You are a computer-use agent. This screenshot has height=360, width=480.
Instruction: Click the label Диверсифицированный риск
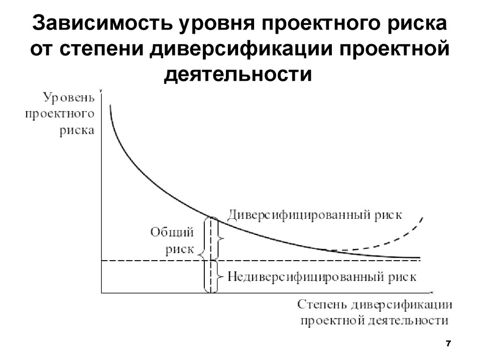pos(315,215)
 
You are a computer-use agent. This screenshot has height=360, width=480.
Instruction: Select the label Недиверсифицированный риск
pos(322,276)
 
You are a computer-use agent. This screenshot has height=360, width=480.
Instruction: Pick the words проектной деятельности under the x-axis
pos(374,321)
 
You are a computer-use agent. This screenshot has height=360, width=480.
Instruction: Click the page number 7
pos(448,344)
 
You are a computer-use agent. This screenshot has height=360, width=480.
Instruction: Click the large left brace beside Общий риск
pos(202,255)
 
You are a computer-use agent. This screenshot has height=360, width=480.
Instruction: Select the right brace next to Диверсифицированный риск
pos(222,239)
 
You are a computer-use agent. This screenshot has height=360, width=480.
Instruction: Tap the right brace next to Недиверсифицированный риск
pos(222,277)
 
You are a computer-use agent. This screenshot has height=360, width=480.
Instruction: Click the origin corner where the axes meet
pos(102,293)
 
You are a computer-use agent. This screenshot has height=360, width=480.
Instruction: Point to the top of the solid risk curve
pos(111,108)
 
